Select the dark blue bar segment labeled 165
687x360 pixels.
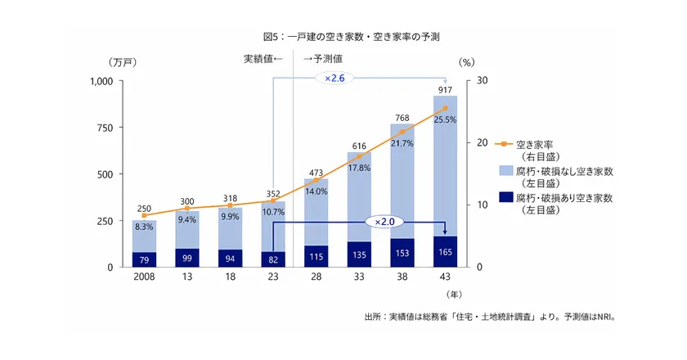445,251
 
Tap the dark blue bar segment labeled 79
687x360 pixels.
144,259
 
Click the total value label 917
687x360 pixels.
445,89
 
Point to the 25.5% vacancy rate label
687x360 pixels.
445,119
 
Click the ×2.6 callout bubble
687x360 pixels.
334,78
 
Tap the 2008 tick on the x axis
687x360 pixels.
144,277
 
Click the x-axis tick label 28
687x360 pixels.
316,277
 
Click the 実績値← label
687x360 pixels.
263,59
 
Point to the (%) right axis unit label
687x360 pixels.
467,62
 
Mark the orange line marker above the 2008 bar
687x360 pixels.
144,215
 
